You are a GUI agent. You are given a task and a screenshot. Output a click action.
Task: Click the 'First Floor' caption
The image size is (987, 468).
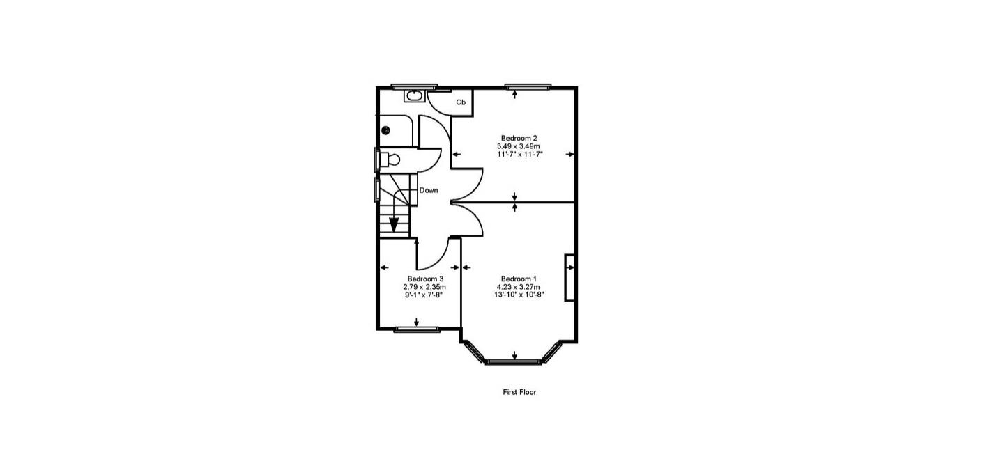click(519, 392)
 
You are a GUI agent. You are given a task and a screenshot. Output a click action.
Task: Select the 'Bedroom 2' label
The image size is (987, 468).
click(519, 138)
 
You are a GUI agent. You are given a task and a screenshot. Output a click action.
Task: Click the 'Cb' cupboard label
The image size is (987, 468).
click(461, 102)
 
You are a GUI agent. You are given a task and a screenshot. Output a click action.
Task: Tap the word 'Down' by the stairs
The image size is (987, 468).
click(429, 190)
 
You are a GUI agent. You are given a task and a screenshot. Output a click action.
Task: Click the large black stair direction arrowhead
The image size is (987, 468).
click(394, 225)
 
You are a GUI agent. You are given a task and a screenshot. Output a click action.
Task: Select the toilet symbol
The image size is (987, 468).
click(390, 159)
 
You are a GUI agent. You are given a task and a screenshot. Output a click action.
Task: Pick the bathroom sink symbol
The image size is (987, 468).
click(415, 95)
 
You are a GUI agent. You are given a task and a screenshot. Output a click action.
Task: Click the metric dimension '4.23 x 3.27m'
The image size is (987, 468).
click(519, 287)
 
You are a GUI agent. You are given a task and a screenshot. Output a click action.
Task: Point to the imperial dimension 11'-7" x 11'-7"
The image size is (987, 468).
click(519, 155)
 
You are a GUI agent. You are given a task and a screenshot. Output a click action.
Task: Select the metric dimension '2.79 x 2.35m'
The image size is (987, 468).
click(425, 287)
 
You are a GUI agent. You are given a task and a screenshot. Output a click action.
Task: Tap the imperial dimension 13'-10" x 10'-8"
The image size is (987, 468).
click(519, 295)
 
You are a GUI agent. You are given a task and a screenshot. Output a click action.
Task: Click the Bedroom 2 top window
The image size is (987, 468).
click(528, 86)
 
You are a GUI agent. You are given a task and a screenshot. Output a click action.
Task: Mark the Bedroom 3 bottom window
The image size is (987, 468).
click(417, 329)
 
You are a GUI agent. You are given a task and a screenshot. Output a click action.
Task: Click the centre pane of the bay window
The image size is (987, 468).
click(514, 361)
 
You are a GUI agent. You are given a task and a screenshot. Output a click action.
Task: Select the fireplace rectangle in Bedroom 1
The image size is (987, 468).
click(569, 278)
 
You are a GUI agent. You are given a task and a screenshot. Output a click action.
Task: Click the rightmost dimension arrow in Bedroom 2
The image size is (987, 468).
click(570, 155)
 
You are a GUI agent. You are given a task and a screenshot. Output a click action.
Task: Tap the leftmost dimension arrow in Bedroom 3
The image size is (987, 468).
click(383, 267)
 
